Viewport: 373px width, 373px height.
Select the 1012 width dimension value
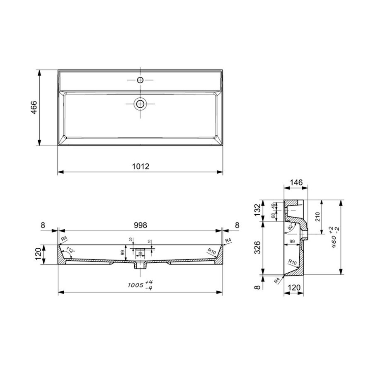click(140, 167)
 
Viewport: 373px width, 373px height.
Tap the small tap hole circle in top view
click(140, 79)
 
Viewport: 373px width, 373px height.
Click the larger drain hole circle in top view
click(140, 104)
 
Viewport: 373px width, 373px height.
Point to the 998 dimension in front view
click(140, 225)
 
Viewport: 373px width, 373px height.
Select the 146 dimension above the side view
click(296, 182)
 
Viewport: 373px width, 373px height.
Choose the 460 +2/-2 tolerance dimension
click(331, 238)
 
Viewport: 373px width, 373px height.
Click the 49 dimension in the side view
click(273, 206)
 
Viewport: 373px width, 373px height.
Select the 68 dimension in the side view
click(273, 216)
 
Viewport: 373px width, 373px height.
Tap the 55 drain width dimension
click(140, 253)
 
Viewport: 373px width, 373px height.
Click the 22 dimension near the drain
click(131, 240)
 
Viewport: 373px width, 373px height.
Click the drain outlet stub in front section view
click(140, 265)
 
